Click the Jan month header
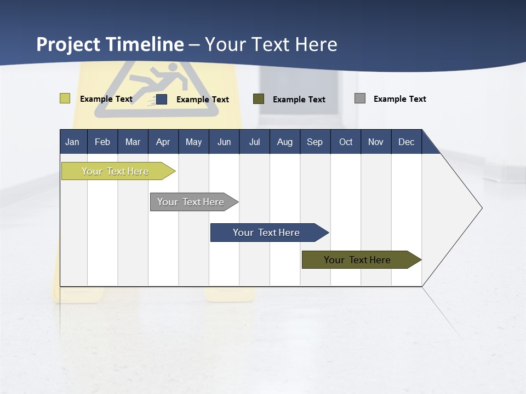(x=72, y=142)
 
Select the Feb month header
(x=102, y=142)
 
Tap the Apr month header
(x=163, y=142)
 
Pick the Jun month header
(x=224, y=142)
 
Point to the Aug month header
(x=284, y=142)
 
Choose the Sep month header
(x=315, y=142)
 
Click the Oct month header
(x=346, y=142)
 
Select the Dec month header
(x=406, y=142)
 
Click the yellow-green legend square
(x=65, y=99)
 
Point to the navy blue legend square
(x=162, y=99)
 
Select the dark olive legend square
(x=259, y=99)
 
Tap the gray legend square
(x=360, y=99)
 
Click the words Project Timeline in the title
(x=110, y=44)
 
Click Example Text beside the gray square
(x=399, y=99)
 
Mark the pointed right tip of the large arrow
(x=481, y=208)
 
